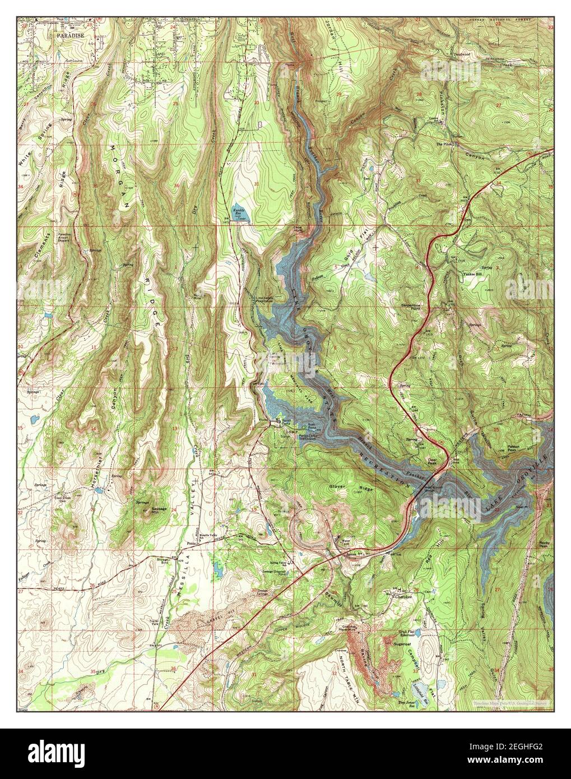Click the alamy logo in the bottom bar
[67, 749]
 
